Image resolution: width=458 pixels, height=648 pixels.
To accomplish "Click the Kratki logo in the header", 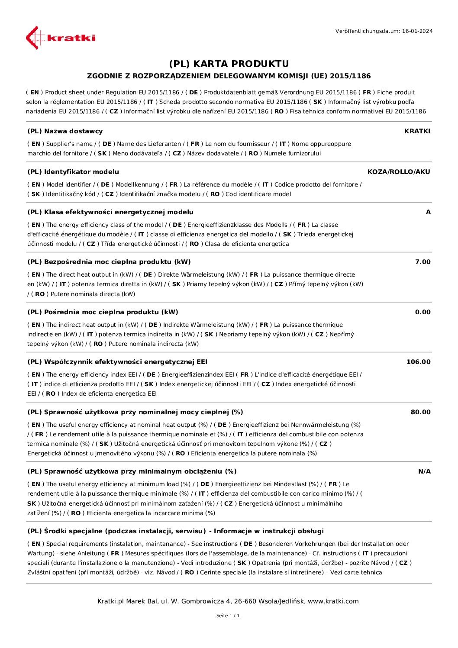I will coord(61,38).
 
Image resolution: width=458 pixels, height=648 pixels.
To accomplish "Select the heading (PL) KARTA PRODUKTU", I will coord(229,64).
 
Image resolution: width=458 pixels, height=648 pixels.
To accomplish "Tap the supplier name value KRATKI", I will coord(417,131).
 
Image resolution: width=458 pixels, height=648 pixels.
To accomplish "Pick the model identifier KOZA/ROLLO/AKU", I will coord(399,172).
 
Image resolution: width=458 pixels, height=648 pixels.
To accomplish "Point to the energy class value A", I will coord(428,212).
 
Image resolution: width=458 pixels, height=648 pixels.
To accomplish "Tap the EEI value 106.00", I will coord(419,362).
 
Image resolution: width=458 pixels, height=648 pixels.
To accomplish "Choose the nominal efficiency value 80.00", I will coord(420,412).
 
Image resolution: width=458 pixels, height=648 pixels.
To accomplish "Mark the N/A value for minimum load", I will coord(424,471).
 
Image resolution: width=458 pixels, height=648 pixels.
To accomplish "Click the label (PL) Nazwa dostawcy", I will coord(65,131).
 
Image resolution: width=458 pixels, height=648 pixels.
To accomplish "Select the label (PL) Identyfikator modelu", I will coord(73,172).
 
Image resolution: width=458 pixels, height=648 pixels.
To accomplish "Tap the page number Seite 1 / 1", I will coord(228,616).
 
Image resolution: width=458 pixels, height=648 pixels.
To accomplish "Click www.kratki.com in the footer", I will coord(333,601).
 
